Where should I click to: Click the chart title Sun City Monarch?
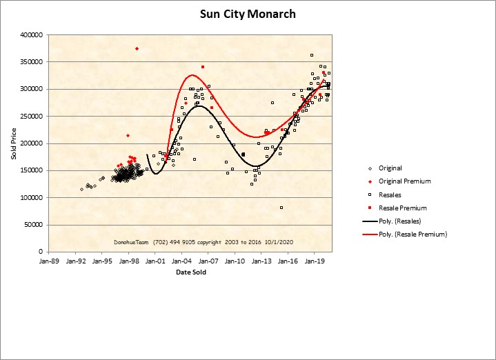(x=248, y=14)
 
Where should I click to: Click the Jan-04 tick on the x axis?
(x=181, y=262)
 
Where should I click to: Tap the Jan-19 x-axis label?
(x=315, y=262)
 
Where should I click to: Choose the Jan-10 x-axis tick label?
(x=235, y=262)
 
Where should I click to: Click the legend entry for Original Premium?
(x=404, y=181)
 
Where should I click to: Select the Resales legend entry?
(x=390, y=194)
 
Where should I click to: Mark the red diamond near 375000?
(x=137, y=48)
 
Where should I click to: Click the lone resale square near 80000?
(x=281, y=207)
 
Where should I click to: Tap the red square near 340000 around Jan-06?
(x=202, y=67)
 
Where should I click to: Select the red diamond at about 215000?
(x=128, y=135)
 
